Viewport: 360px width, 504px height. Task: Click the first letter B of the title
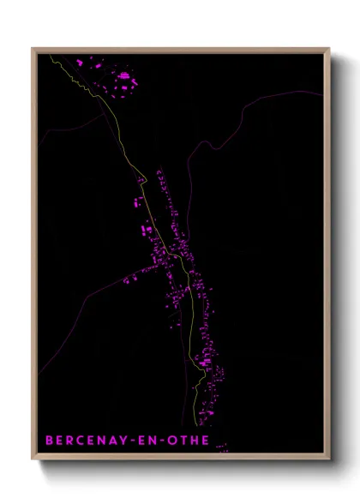point(49,441)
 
